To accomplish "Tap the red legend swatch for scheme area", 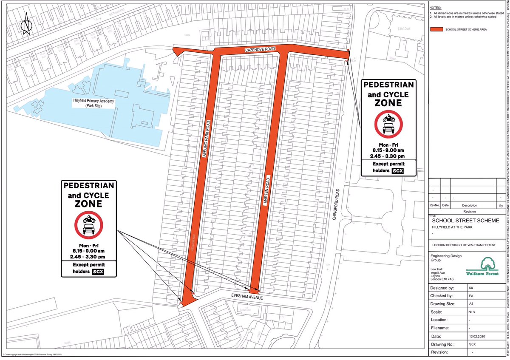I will click(x=435, y=30).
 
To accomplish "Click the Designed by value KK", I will click(x=457, y=288).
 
